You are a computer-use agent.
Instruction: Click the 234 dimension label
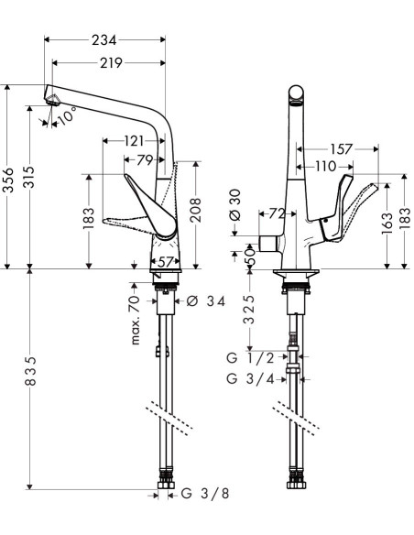coord(104,40)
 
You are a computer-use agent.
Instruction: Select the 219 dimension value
coord(111,63)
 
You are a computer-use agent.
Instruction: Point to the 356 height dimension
coord(8,180)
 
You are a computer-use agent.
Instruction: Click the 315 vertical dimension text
coord(28,177)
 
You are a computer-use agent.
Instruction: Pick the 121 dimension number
coord(134,140)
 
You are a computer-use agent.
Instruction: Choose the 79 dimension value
coord(145,159)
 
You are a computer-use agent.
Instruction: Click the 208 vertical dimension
coord(195,210)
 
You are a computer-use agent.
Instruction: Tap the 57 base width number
coord(166,262)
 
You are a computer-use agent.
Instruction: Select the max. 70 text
coord(135,320)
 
